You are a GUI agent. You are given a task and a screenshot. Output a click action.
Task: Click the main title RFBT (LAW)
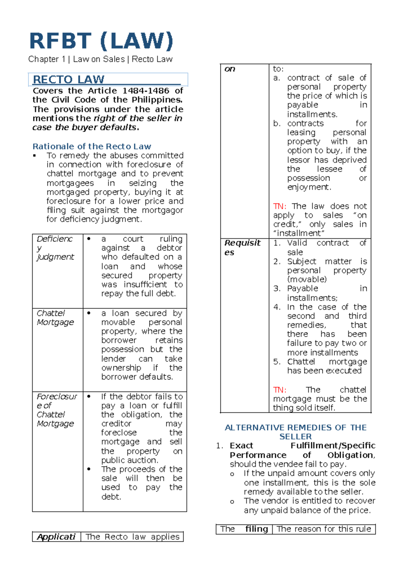(101, 41)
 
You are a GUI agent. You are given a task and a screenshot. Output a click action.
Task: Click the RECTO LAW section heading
(69, 80)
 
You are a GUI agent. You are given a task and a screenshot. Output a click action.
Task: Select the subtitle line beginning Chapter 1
(100, 59)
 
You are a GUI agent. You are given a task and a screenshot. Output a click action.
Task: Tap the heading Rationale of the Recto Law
(92, 146)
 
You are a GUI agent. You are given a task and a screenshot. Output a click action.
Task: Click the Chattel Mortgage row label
(55, 318)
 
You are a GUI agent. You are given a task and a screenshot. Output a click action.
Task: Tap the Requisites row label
(242, 247)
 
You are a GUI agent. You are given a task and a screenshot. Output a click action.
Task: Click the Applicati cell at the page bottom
(56, 537)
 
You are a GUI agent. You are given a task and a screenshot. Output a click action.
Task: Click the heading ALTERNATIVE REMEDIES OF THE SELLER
(296, 432)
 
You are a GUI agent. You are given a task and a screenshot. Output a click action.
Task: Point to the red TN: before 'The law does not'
(279, 206)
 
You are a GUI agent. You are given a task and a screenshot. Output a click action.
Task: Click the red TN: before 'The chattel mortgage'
(279, 390)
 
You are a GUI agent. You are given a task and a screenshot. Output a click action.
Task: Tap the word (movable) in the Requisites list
(307, 279)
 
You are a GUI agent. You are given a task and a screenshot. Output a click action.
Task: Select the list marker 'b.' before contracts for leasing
(277, 123)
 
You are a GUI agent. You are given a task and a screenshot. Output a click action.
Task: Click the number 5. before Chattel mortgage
(277, 362)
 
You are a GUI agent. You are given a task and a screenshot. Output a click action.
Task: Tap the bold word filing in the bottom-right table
(257, 529)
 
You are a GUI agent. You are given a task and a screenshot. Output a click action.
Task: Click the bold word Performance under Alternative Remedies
(258, 455)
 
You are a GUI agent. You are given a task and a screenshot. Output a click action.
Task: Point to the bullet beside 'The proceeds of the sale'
(89, 469)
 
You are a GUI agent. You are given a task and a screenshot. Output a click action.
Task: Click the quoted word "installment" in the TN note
(299, 234)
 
